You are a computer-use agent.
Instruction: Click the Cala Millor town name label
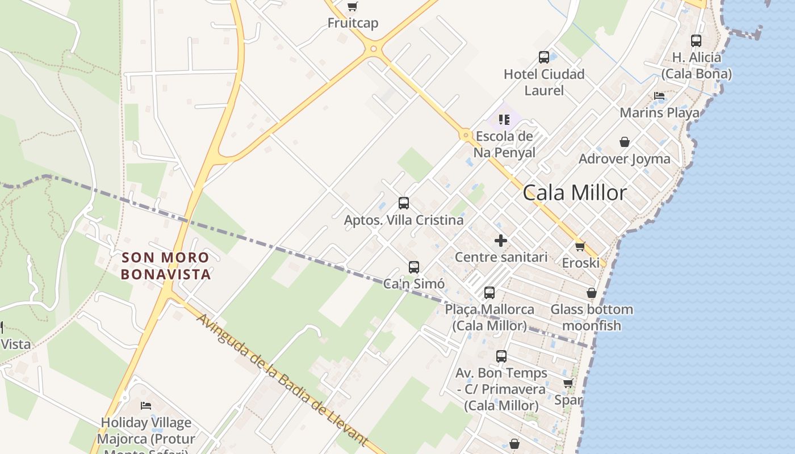pos(575,193)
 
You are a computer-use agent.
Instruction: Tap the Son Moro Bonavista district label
pos(165,266)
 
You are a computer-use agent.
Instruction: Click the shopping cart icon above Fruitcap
pos(353,7)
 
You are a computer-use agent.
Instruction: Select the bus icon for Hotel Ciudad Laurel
pos(544,57)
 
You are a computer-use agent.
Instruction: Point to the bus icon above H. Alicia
pos(696,41)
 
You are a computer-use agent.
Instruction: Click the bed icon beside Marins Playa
pos(659,96)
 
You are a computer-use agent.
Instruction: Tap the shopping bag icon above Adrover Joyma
pos(625,142)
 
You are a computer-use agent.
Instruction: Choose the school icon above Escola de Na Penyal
pos(504,120)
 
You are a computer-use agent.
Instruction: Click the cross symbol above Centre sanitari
pos(501,241)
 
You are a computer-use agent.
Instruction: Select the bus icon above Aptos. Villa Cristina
pos(404,203)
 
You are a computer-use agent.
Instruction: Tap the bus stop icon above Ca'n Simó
pos(414,267)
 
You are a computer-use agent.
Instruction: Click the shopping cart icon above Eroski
pos(580,246)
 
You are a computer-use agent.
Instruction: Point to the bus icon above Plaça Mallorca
pos(489,293)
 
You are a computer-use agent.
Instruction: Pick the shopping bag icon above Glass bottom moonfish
pos(592,293)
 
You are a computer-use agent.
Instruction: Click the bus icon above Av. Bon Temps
pos(501,356)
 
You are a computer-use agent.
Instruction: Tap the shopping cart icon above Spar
pos(568,384)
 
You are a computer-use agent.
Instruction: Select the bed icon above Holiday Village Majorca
pos(146,406)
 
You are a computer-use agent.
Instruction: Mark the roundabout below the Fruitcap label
pos(373,49)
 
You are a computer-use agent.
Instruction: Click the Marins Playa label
pos(659,112)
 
